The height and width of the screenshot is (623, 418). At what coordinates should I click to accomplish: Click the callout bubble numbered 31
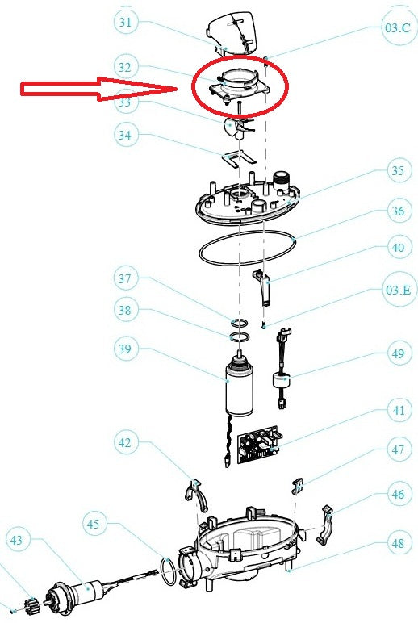(x=125, y=22)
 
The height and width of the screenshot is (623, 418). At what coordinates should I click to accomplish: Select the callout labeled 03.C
(x=397, y=28)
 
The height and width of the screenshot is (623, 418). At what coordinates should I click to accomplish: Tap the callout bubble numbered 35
(x=396, y=172)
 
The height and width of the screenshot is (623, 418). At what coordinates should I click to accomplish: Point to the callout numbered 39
(x=126, y=349)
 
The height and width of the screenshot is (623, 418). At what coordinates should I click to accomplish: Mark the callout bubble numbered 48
(x=396, y=544)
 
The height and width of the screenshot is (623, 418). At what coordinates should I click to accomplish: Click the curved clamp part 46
(x=325, y=524)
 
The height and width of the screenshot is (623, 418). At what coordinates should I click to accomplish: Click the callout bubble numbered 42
(x=125, y=442)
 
